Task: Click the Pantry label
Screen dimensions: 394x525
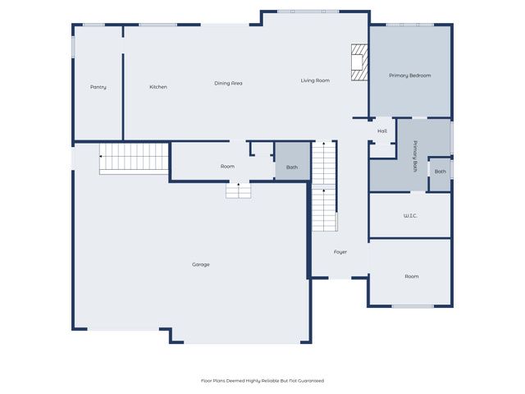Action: (98, 87)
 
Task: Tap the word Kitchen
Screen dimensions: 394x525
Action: (158, 87)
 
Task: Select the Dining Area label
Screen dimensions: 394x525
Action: (228, 83)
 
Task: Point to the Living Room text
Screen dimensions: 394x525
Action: (315, 80)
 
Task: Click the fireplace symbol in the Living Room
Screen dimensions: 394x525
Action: (358, 63)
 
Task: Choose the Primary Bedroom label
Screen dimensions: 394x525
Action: (409, 76)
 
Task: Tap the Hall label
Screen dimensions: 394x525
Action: (382, 131)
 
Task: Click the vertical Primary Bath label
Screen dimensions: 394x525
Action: (416, 156)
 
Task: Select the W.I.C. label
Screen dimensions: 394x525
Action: (410, 216)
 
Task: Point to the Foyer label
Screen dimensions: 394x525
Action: (340, 252)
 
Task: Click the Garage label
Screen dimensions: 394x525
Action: (201, 264)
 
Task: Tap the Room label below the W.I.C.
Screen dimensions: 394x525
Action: (412, 277)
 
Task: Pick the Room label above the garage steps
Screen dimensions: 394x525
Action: (227, 167)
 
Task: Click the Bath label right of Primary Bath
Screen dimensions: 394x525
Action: (441, 172)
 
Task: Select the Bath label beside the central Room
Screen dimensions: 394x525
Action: (292, 167)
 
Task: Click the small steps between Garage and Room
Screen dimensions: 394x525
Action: (239, 190)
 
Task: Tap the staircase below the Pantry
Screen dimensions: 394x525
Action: (134, 158)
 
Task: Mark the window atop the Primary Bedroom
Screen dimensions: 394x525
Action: (409, 25)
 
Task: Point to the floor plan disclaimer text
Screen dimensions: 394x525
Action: (262, 381)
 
